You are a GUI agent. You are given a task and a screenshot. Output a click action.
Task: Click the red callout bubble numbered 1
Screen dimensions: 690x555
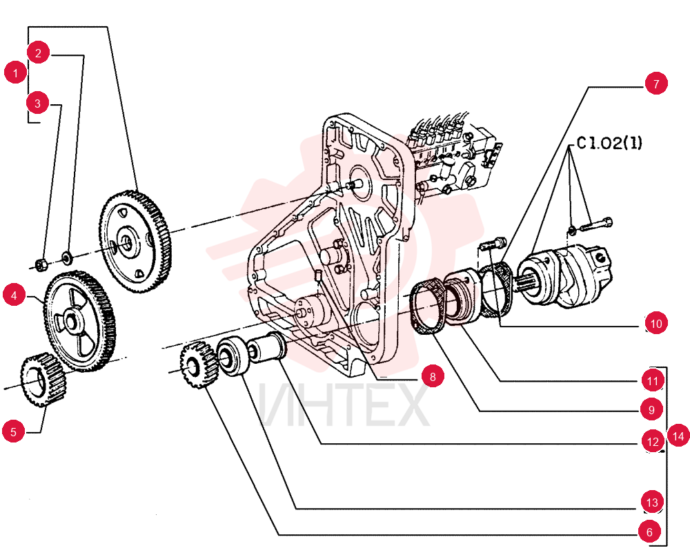[x=15, y=72]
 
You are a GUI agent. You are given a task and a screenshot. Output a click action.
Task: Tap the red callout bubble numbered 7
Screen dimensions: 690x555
[x=656, y=84]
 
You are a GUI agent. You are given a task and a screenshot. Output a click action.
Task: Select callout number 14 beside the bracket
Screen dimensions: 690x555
[x=678, y=436]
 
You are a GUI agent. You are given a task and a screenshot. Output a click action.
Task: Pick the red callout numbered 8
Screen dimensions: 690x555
[x=433, y=377]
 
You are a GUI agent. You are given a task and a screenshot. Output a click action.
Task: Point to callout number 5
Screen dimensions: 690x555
[x=13, y=431]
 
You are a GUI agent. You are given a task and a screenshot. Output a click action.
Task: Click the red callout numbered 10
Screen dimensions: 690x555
[x=656, y=324]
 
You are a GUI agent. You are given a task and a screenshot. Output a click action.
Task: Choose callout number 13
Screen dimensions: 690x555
[x=652, y=502]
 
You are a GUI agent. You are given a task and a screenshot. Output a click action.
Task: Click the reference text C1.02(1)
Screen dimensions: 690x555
[x=609, y=143]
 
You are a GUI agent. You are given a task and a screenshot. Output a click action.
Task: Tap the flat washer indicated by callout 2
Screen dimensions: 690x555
[x=66, y=257]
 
